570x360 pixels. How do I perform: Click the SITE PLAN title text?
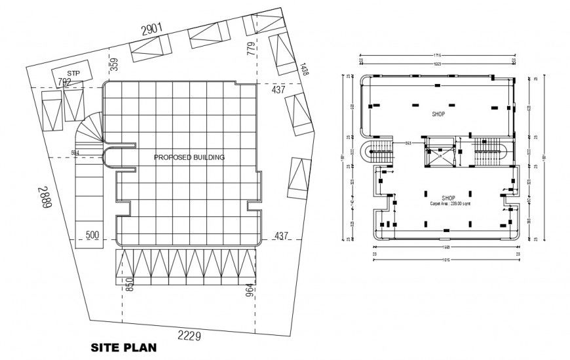(123, 347)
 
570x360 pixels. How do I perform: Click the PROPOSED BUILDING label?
(189, 157)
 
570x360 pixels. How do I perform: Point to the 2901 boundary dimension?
(150, 29)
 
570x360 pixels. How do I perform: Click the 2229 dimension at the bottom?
(191, 336)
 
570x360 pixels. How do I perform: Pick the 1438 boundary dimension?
(304, 70)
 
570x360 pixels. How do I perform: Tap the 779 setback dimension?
(251, 49)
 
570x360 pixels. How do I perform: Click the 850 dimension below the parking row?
(130, 286)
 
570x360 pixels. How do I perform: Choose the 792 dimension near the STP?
(64, 83)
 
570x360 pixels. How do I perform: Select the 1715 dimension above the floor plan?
(438, 55)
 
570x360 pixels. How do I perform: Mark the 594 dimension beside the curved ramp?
(76, 153)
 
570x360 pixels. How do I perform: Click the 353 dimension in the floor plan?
(407, 143)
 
